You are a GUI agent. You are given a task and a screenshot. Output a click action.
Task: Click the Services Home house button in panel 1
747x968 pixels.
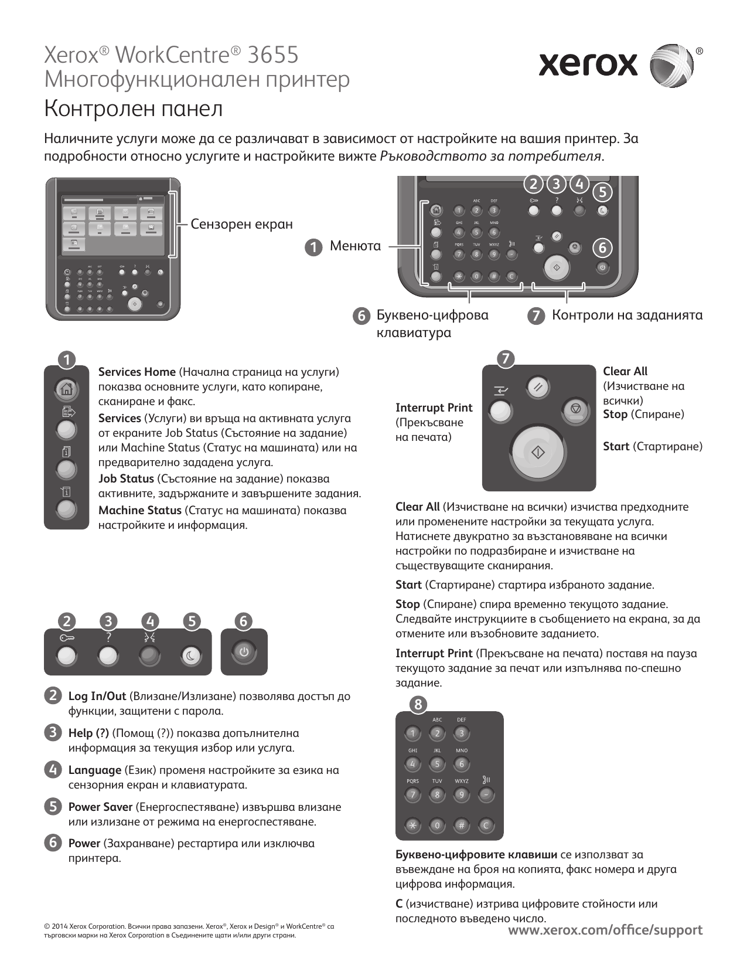66,388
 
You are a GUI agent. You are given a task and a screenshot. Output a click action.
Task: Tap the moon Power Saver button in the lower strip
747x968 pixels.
190,656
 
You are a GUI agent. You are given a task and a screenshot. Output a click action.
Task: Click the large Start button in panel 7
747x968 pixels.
538,453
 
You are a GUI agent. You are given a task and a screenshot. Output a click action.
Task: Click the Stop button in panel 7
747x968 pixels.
575,409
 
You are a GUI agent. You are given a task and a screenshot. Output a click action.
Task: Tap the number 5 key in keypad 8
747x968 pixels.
436,764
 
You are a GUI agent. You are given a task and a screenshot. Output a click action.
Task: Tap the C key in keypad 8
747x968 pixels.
486,826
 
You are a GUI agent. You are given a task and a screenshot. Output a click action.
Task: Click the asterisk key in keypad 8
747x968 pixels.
412,826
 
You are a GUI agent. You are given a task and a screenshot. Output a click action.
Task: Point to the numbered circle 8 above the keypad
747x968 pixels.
418,704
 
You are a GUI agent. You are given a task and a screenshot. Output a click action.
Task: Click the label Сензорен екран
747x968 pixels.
241,224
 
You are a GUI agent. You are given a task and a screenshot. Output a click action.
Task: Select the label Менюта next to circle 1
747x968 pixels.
355,246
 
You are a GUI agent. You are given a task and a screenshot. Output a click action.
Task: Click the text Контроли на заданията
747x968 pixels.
627,315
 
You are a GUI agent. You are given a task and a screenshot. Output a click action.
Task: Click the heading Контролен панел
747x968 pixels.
134,109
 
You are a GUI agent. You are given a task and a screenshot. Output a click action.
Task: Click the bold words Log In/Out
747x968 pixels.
97,697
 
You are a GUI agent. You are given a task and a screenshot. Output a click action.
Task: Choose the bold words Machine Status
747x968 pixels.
140,511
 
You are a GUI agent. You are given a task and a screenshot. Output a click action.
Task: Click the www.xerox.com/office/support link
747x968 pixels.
605,930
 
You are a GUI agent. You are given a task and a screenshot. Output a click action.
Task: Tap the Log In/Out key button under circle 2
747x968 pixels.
66,656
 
